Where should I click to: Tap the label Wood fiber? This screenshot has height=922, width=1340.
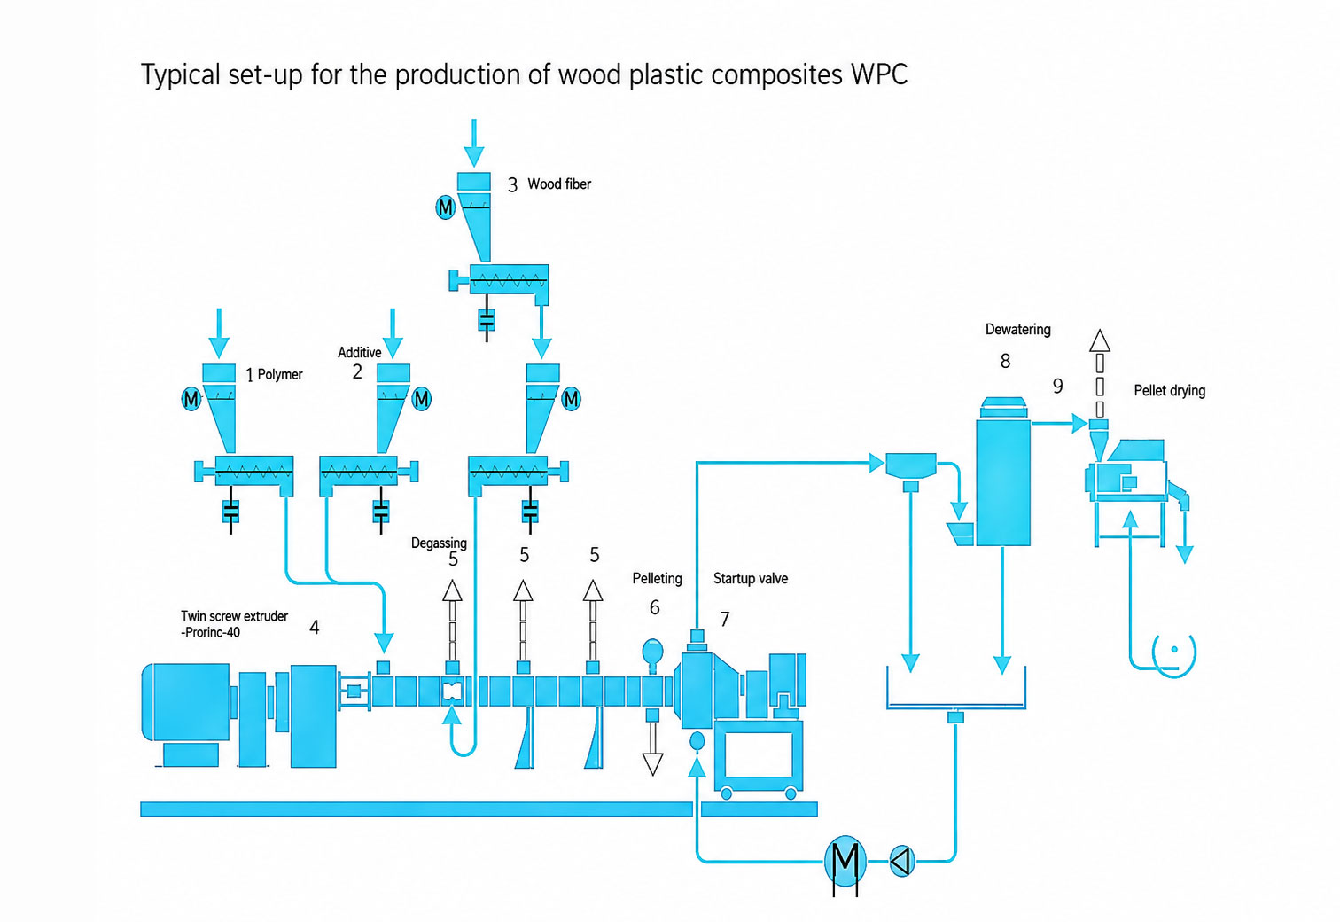(x=558, y=184)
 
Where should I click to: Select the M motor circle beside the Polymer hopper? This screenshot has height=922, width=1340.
(x=191, y=398)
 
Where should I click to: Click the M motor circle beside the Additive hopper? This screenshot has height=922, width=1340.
(x=422, y=398)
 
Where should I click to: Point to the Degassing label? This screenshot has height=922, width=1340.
(x=439, y=543)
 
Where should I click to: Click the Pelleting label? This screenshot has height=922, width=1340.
(x=657, y=579)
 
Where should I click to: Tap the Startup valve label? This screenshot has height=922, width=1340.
(x=750, y=579)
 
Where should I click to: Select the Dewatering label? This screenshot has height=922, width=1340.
(x=1017, y=330)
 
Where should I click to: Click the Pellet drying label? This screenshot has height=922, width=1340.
(x=1170, y=391)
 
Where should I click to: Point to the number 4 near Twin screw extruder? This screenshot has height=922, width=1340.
(x=314, y=627)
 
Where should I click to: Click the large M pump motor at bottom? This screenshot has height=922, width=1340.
(x=845, y=860)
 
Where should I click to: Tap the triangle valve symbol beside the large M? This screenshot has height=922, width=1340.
(x=902, y=861)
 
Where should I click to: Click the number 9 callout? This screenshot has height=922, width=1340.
(x=1057, y=386)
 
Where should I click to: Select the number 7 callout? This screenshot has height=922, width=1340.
(x=724, y=620)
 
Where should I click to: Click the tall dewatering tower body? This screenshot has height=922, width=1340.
(x=1003, y=482)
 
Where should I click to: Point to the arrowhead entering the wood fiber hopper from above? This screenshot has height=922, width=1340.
(x=474, y=158)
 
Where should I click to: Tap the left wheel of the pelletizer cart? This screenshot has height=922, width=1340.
(x=726, y=794)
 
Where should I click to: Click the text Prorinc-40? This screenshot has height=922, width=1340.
(x=212, y=632)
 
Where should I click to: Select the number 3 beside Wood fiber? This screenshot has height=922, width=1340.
(x=512, y=185)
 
